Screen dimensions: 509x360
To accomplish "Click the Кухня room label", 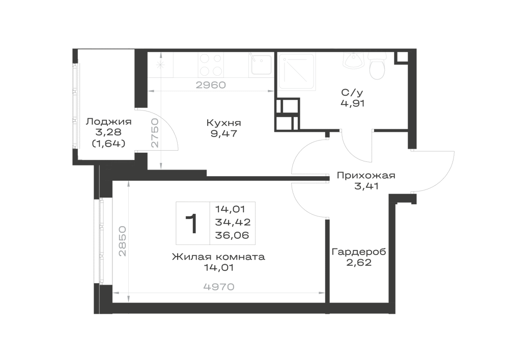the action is pos(223,123).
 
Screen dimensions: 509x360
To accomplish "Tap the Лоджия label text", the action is pos(109,122).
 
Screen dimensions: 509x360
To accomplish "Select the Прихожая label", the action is pos(366,176).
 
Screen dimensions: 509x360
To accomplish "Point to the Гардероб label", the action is pos(359,252).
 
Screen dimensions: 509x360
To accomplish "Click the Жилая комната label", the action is pos(218,257).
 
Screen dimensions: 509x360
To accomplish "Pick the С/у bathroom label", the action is pos(352,93).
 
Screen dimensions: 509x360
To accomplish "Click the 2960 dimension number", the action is pos(211,85).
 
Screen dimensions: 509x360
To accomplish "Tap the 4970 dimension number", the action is pos(219,287).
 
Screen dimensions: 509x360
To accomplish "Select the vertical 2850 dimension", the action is pos(122,241).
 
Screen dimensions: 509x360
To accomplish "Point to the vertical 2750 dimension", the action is pos(155,133).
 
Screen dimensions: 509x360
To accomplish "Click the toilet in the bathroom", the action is pos(377,66).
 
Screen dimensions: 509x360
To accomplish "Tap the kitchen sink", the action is pos(261,64).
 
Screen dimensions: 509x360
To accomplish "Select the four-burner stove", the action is pos(211,64).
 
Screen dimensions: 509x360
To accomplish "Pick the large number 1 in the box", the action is pos(191,224).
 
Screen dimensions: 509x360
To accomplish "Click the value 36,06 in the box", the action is pos(232,235).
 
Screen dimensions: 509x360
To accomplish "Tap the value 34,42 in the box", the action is pos(233,223).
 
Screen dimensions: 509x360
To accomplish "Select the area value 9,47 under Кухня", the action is pos(223,133).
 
